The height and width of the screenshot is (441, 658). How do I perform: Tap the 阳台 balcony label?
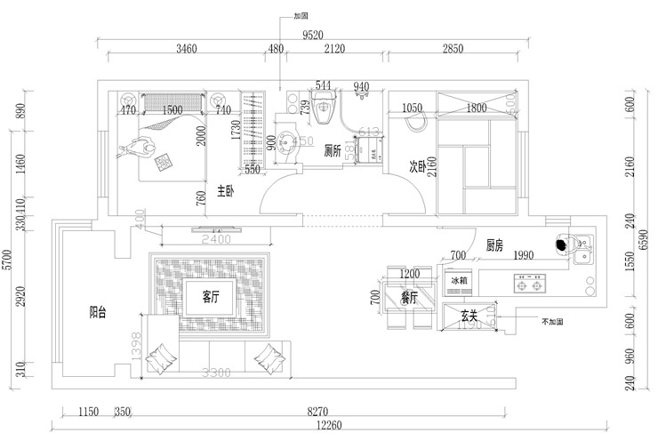99,312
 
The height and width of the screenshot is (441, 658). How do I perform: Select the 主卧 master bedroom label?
226,189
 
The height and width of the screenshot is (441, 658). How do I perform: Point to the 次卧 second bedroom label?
419,165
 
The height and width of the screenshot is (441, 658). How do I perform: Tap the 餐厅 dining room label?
409,297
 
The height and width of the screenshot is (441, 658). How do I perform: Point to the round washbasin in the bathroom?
287,142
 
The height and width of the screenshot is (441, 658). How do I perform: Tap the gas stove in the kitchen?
528,285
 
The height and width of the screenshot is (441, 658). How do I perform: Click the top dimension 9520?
313,36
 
